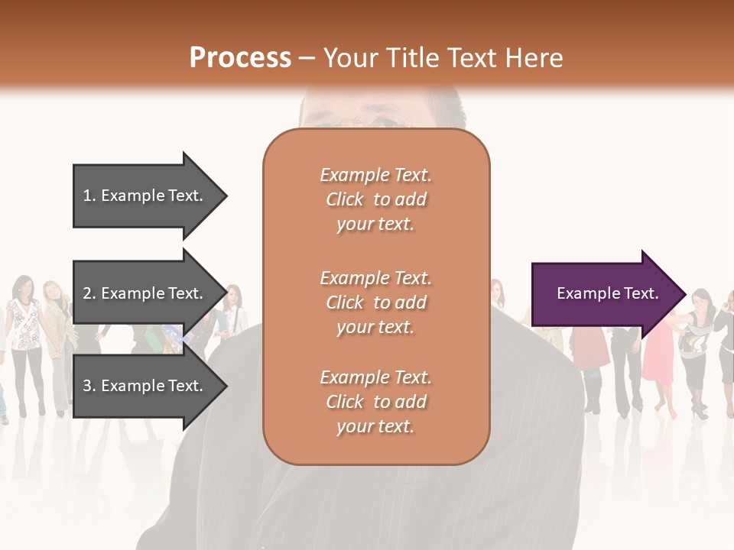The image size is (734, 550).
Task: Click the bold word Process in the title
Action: pyautogui.click(x=240, y=58)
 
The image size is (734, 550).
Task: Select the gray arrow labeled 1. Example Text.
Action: pyautogui.click(x=145, y=196)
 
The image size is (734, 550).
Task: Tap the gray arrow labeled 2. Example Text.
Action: pyautogui.click(x=145, y=293)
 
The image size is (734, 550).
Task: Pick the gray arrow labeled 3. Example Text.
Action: pyautogui.click(x=145, y=386)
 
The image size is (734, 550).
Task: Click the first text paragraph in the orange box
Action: pyautogui.click(x=375, y=199)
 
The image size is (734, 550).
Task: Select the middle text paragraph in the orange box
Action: pyautogui.click(x=375, y=302)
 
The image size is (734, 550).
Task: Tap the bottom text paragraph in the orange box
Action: pyautogui.click(x=375, y=402)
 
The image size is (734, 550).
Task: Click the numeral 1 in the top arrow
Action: pyautogui.click(x=87, y=196)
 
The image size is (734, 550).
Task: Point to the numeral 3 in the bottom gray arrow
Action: pyautogui.click(x=87, y=386)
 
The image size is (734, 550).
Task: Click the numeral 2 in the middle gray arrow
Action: pyautogui.click(x=87, y=293)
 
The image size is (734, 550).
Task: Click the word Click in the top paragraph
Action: pyautogui.click(x=345, y=199)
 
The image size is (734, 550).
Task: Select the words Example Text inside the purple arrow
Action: pyautogui.click(x=607, y=293)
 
